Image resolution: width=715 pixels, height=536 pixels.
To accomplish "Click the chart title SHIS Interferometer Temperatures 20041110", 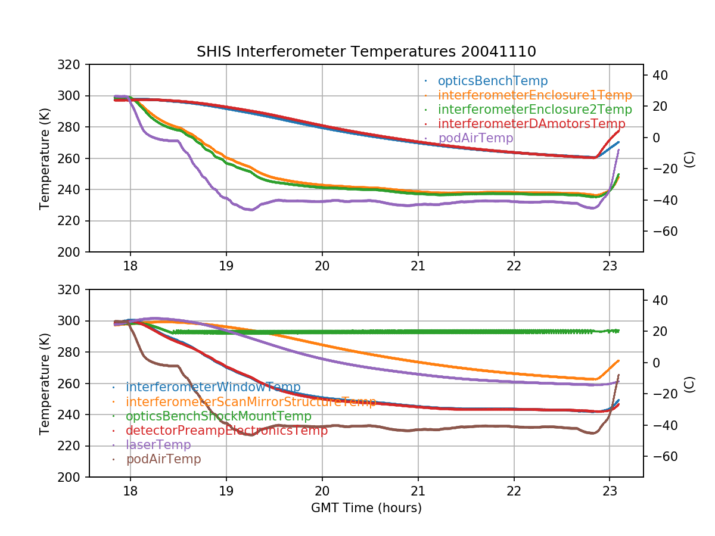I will [366, 52].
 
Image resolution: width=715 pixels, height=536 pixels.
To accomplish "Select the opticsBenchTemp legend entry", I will [492, 81].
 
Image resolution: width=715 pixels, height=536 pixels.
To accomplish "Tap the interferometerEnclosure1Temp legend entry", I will [534, 95].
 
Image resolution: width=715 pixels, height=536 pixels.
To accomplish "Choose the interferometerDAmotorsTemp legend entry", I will [534, 124].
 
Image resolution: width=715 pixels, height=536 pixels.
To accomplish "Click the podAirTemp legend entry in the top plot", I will [475, 138].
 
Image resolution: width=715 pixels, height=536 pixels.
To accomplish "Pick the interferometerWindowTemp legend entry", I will [213, 388].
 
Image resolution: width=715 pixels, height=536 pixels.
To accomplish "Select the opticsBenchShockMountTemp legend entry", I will [218, 416].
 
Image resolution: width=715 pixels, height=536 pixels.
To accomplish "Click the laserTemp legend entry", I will [158, 445].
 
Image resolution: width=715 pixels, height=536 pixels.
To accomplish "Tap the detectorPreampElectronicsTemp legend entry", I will [226, 431].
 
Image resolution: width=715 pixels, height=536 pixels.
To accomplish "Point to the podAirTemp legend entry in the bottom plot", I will [163, 459].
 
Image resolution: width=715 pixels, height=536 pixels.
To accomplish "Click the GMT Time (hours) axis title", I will [366, 508].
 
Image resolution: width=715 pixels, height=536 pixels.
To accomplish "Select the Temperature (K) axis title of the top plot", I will [45, 158].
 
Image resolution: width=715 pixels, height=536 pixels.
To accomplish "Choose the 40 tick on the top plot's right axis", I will [660, 75].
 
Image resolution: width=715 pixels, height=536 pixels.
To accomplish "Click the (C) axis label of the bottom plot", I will [689, 383].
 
